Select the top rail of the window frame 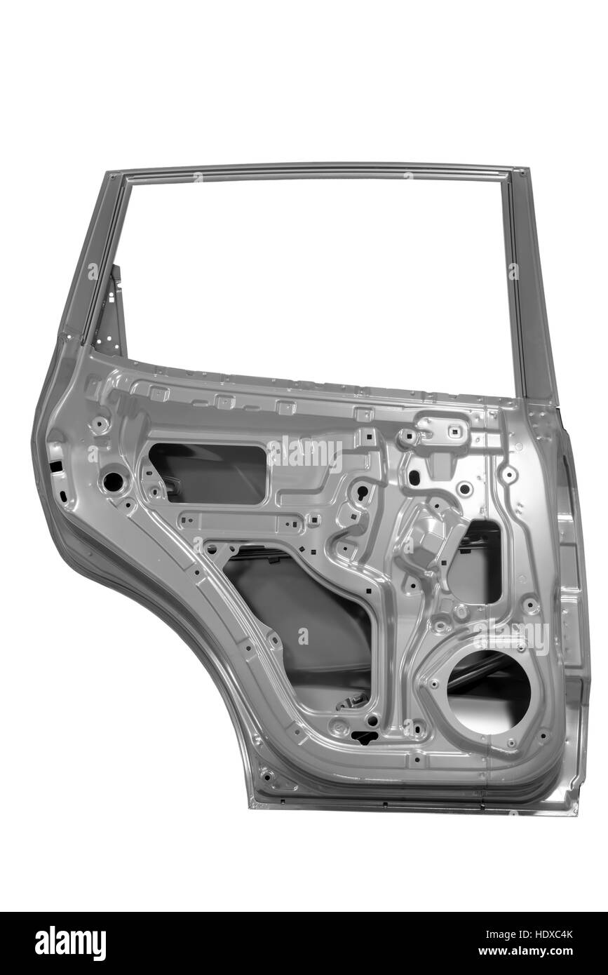pyautogui.click(x=318, y=171)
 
